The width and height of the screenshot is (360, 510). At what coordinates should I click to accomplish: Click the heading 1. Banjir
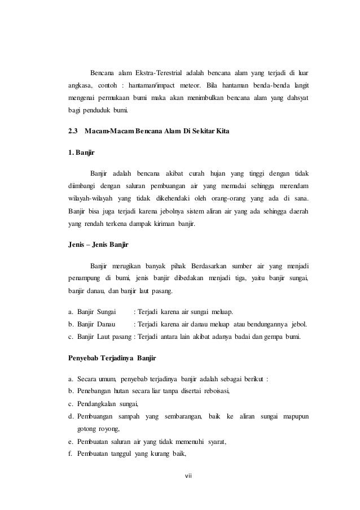pyautogui.click(x=77, y=152)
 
